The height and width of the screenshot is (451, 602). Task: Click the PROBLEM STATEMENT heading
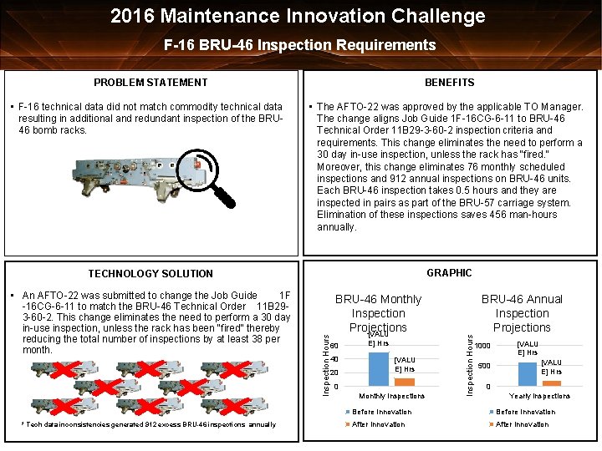point(150,82)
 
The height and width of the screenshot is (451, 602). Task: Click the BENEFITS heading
point(449,82)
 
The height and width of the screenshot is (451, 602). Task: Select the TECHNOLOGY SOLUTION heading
point(150,273)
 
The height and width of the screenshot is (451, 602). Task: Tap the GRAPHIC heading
point(449,272)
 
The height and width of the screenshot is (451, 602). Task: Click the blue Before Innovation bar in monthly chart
point(378,368)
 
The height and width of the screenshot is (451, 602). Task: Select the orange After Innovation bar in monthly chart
point(404,381)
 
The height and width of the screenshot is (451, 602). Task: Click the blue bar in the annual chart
point(528,372)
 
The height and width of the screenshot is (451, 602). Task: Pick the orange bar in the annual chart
point(551,383)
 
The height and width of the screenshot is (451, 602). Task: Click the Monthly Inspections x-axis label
point(391,396)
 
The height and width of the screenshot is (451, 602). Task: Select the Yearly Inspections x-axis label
point(539,396)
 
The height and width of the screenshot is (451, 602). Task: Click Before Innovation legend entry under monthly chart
point(381,412)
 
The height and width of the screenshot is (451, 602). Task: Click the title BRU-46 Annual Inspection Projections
point(522,313)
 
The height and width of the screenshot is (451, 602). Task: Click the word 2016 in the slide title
point(136,16)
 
